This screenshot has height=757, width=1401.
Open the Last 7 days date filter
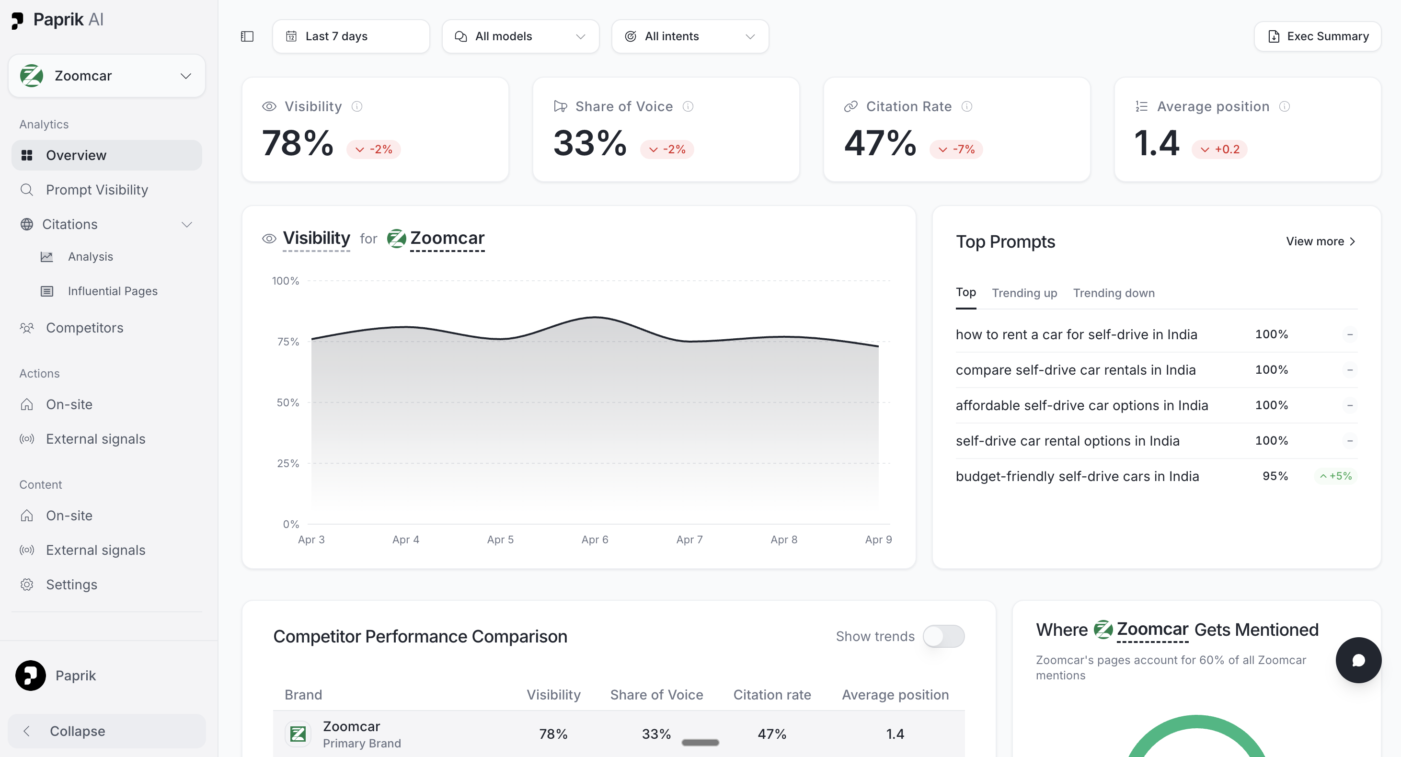click(x=351, y=36)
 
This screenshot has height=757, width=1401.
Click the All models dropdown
click(x=520, y=36)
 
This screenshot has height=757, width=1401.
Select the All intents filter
click(x=690, y=36)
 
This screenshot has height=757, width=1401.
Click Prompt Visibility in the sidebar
click(x=97, y=190)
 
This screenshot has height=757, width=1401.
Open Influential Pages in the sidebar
click(x=113, y=291)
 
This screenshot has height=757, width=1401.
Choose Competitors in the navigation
click(x=84, y=328)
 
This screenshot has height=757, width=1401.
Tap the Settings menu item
click(x=71, y=585)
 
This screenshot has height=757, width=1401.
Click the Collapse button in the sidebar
click(x=106, y=731)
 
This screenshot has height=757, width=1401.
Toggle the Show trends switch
click(x=943, y=636)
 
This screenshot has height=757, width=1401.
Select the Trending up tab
click(x=1024, y=293)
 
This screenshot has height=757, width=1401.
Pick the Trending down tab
click(x=1114, y=293)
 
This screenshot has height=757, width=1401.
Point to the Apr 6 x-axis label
click(x=595, y=539)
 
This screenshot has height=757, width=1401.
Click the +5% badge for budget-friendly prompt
click(x=1336, y=476)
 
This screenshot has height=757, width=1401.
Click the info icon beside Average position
click(x=1285, y=106)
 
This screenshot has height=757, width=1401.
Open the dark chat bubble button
click(x=1358, y=660)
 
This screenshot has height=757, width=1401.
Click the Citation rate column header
click(x=772, y=695)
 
